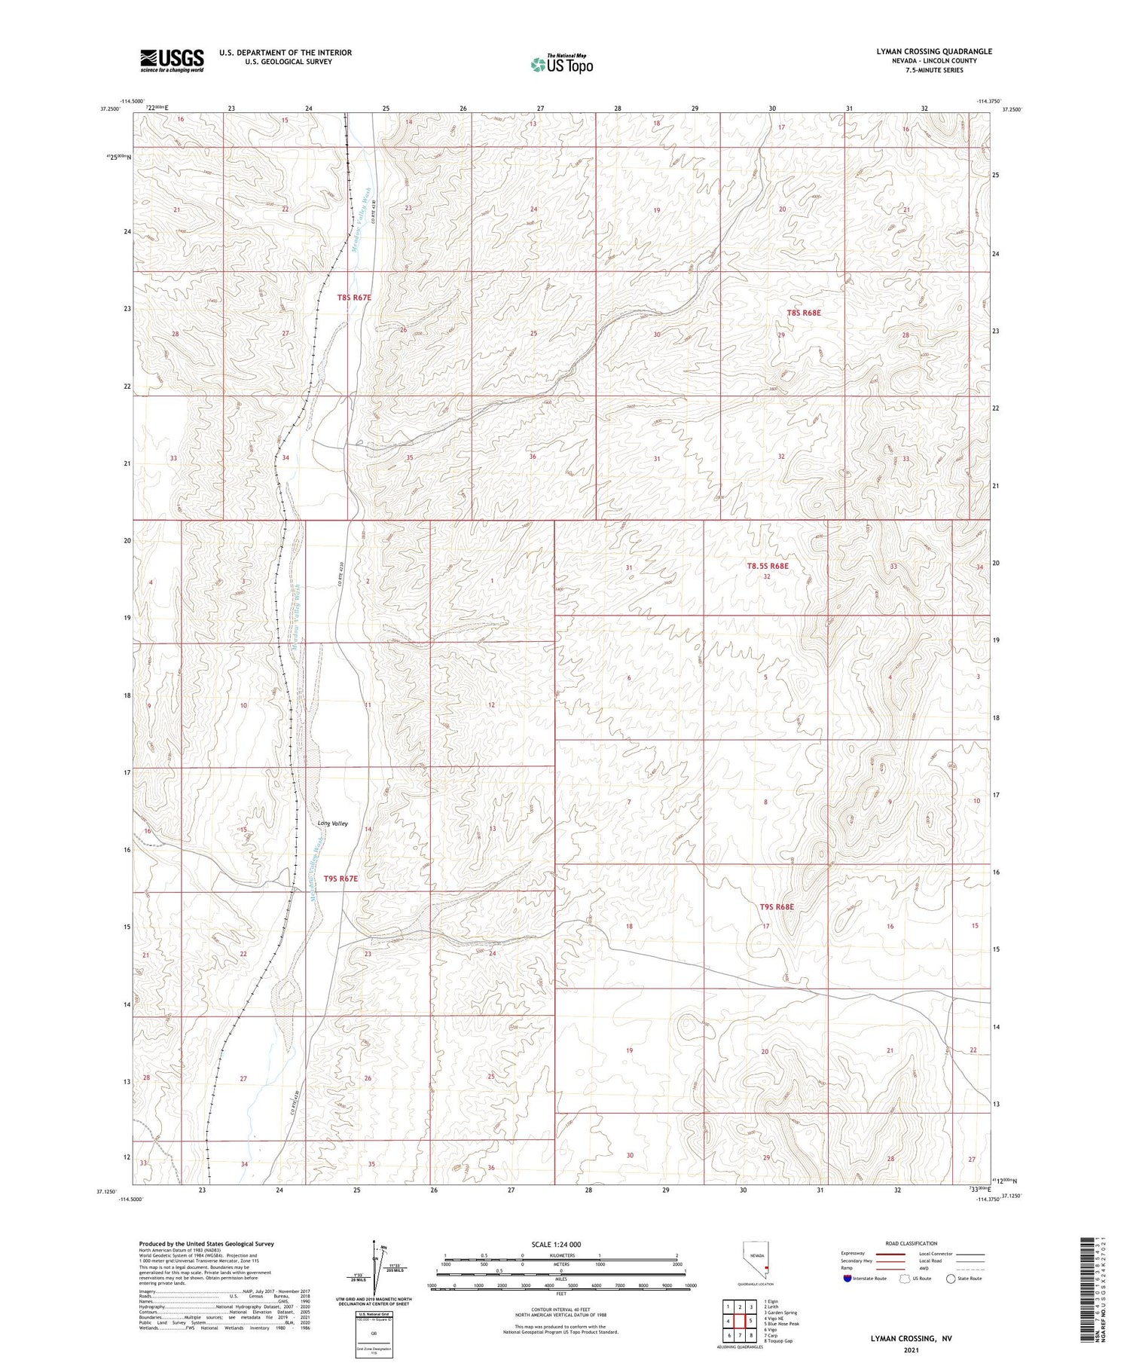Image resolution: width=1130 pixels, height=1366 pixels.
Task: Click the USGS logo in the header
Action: tap(172, 60)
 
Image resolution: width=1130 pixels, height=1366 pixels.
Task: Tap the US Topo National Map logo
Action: tap(561, 64)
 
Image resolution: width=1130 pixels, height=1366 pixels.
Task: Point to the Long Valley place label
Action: tap(332, 824)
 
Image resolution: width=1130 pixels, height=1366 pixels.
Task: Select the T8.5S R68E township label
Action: tap(767, 566)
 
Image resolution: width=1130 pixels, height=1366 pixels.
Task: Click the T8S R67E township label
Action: tap(354, 298)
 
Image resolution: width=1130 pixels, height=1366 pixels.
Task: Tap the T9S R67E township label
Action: tap(341, 879)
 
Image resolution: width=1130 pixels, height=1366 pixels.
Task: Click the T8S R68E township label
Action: tap(803, 313)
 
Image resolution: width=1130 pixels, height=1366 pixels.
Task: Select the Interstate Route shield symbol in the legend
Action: tap(847, 1279)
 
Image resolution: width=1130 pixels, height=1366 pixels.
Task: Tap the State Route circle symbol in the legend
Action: tap(951, 1279)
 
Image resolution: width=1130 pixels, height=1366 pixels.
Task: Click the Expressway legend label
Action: tap(854, 1254)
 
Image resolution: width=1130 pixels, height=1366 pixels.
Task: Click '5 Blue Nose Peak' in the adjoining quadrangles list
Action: tap(781, 1324)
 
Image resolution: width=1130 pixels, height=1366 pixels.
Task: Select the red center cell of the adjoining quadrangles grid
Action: tap(740, 1321)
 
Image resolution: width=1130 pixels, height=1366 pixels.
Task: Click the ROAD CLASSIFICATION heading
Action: tap(911, 1243)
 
